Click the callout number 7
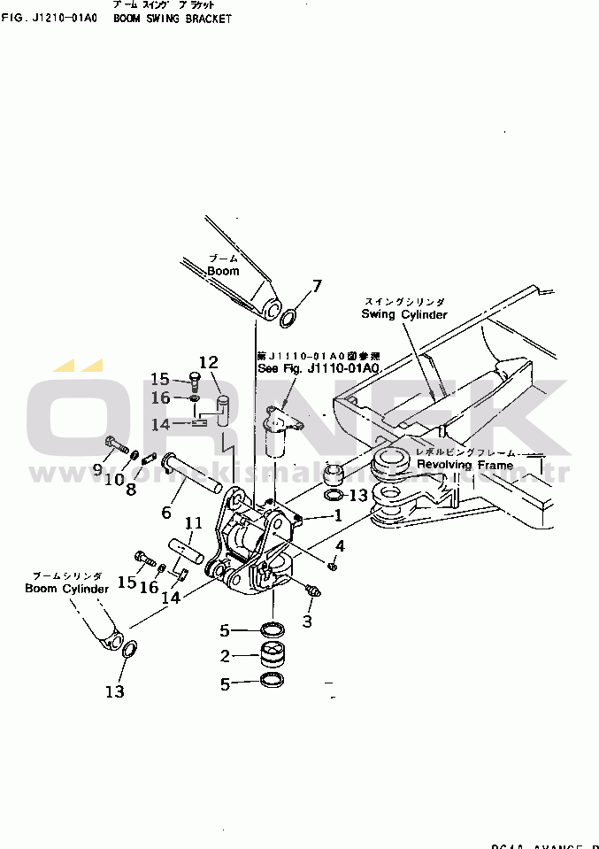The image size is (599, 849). [317, 285]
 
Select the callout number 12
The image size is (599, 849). [208, 362]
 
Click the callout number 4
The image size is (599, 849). [339, 545]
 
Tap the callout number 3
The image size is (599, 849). [307, 621]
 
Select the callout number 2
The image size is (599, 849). [225, 656]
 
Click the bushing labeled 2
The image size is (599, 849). [272, 657]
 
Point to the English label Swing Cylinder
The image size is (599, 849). [404, 314]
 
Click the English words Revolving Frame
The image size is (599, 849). [465, 465]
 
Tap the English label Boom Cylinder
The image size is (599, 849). [66, 589]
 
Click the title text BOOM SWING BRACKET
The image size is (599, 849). [173, 19]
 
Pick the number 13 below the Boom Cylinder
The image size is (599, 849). [114, 691]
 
